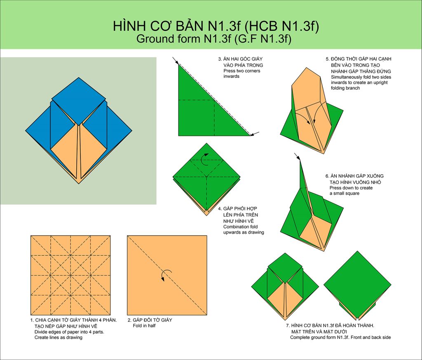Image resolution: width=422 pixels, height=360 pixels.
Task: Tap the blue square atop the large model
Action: (79, 101)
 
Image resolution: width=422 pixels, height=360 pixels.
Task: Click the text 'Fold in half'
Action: (144, 325)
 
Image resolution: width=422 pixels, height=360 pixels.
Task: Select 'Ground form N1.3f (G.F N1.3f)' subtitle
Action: (214, 39)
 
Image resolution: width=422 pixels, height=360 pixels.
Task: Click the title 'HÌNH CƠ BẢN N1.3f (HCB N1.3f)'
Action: (216, 26)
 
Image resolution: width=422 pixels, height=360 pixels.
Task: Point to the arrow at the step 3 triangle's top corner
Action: (176, 61)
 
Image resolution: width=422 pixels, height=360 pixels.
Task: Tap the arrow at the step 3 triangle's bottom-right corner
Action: (255, 133)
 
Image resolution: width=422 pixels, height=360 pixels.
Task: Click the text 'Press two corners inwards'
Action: (241, 73)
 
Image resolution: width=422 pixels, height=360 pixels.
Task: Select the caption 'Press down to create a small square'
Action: (351, 190)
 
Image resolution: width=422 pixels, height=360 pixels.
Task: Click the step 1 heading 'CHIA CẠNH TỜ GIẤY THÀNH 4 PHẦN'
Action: (76, 320)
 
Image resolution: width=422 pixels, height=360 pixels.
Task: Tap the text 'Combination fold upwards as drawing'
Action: (244, 229)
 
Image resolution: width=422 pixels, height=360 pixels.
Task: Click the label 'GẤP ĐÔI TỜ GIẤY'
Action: (152, 320)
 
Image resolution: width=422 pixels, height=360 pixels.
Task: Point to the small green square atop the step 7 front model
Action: (285, 268)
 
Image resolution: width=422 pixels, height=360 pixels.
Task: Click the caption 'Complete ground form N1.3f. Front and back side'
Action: (340, 337)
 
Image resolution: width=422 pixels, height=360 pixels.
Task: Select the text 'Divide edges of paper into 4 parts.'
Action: (69, 332)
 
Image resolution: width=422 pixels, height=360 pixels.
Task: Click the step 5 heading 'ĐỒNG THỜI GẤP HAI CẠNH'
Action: (361, 59)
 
